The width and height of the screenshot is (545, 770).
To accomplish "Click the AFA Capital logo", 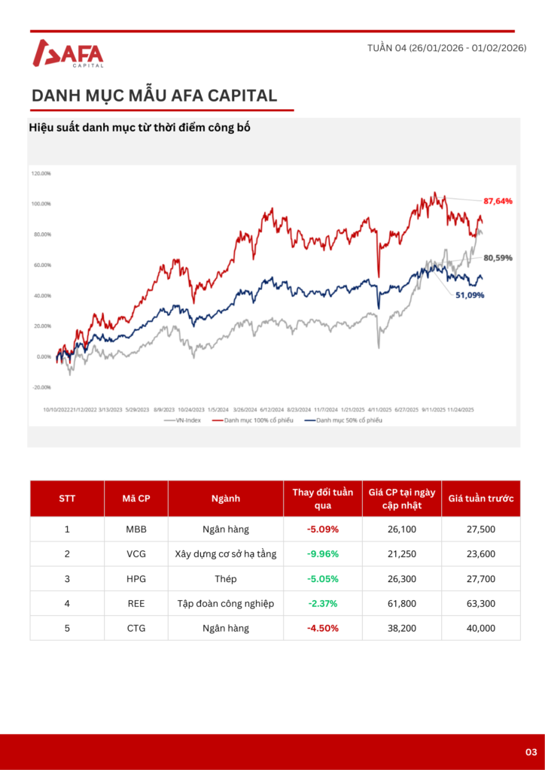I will pos(69,53).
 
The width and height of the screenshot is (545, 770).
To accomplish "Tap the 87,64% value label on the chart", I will pos(498,201).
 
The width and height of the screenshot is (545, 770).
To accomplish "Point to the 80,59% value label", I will pos(498,257).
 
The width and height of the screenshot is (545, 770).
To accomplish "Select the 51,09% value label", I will pos(469,295).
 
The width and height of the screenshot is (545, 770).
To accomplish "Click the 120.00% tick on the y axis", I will pos(41,173).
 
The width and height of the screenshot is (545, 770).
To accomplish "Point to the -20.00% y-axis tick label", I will pos(41,387).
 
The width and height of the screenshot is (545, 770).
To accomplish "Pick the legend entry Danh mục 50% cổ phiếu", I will pos(343,420).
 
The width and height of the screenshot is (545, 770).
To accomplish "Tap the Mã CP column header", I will pos(136,499).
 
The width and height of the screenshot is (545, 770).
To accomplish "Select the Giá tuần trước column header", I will pos(481,499).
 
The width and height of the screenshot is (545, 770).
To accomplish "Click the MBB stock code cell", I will pos(136,529).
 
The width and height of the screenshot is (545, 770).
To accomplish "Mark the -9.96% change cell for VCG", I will pos(323,554).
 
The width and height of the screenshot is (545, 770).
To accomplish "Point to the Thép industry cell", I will pos(226,579).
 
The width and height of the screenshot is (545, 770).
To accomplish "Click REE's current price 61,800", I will pos(402,603).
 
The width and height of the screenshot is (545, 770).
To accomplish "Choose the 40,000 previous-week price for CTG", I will pos(481,628).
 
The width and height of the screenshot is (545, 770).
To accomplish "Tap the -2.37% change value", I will pos(323,603).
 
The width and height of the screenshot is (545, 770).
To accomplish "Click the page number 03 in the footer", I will pos(531,752).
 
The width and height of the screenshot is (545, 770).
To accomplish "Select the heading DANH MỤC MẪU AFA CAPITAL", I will pos(154,95).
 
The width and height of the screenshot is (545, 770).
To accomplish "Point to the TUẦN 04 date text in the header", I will pos(446,48).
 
